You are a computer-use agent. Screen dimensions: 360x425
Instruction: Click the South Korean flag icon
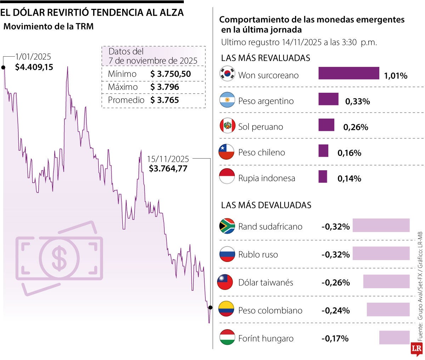point(227,74)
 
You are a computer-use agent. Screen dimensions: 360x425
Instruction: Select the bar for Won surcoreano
point(349,73)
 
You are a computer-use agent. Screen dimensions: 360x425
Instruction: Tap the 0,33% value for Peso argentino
point(357,102)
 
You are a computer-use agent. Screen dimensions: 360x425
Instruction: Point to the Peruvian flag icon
point(227,126)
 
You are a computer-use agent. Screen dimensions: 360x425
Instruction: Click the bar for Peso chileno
point(323,150)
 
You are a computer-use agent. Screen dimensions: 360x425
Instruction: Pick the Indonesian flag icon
point(227,177)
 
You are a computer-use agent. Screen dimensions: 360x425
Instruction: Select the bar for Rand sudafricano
point(381,225)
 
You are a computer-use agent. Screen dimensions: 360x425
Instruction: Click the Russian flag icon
point(227,254)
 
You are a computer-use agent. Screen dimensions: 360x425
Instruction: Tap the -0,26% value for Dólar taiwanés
point(335,282)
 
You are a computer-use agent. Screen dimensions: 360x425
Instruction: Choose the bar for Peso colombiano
point(388,309)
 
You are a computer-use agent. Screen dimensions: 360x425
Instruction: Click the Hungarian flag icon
point(227,337)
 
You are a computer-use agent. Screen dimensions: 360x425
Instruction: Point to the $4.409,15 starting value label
point(34,67)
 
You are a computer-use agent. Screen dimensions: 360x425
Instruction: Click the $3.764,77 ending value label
point(168,168)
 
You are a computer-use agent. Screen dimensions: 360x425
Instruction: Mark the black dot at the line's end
point(210,307)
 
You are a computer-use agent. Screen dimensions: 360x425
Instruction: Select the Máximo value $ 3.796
point(165,87)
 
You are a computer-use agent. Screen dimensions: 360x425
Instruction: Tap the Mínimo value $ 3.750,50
point(171,74)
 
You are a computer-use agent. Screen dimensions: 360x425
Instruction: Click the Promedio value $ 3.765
point(165,100)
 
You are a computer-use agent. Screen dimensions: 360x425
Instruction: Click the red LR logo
point(417,349)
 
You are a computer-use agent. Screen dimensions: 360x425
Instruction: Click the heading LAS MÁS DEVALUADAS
point(266,205)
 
